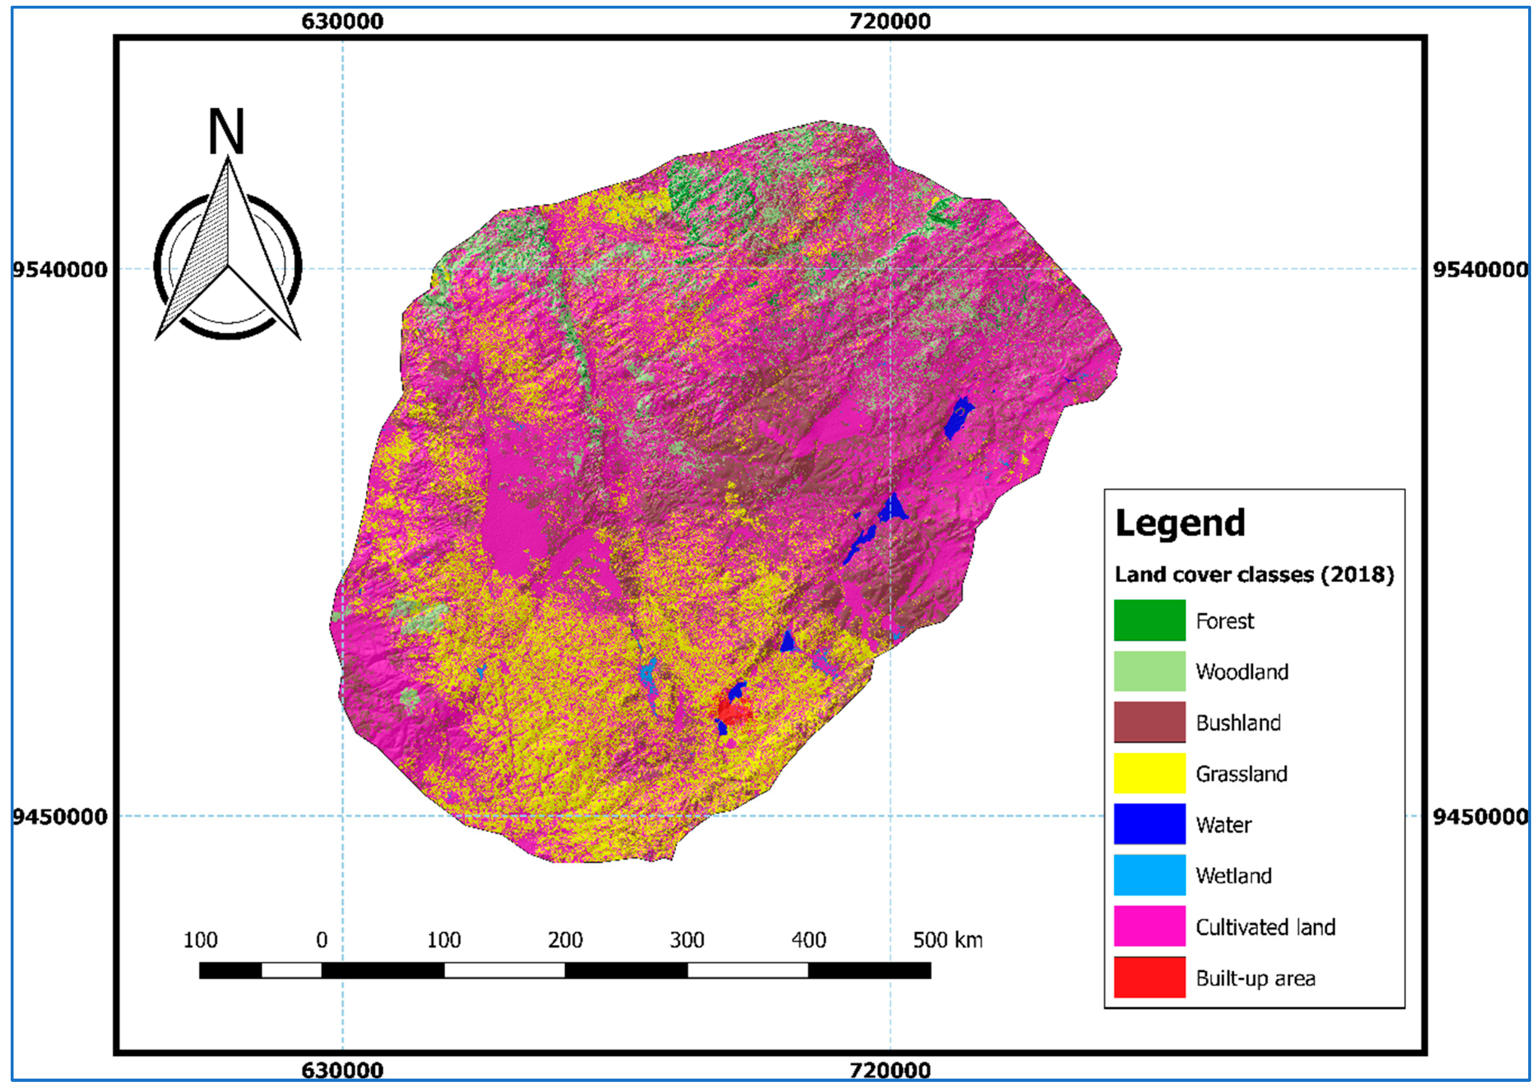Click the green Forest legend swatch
pos(1149,620)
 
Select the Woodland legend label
pos(1242,671)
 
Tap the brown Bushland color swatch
pos(1149,722)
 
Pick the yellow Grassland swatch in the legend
pos(1149,773)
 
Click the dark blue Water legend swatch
pos(1149,824)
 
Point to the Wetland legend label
pos(1233,875)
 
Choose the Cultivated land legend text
pos(1265,927)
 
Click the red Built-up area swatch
pos(1149,977)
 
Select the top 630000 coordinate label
pos(342,21)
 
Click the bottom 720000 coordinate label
pos(890,1070)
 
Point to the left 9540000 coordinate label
pos(60,270)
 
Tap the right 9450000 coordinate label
pos(1480,816)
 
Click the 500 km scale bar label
pos(947,940)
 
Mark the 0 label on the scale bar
pos(322,940)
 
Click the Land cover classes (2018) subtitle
pos(1254,574)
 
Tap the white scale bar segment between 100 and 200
pos(504,970)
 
